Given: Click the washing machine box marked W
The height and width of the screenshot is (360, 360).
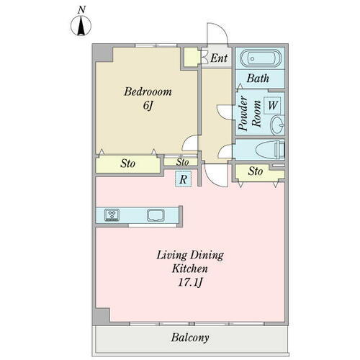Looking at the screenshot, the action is (x=272, y=105).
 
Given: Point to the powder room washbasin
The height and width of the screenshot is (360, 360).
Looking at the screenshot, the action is (x=277, y=125).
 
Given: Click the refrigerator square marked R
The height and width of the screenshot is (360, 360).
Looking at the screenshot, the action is (x=183, y=179).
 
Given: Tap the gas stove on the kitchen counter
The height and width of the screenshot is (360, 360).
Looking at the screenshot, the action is (x=112, y=215).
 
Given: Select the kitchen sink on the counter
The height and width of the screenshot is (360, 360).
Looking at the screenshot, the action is (x=156, y=215).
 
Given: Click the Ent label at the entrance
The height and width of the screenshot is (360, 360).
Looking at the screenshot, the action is (x=219, y=58).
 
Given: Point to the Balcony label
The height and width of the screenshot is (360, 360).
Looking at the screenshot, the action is (x=190, y=338).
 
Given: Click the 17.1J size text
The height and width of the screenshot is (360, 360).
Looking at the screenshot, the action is (x=190, y=282).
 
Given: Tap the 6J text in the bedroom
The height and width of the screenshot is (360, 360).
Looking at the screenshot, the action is (x=148, y=105).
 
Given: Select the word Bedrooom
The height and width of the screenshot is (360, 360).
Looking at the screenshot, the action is (x=148, y=92).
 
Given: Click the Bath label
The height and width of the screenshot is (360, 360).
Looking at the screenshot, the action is (x=258, y=78).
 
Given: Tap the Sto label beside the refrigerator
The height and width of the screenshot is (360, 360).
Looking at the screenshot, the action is (x=182, y=162).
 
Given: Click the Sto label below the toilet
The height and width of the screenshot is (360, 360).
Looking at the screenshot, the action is (x=256, y=171).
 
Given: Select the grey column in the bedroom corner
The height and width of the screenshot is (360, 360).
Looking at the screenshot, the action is (x=103, y=53).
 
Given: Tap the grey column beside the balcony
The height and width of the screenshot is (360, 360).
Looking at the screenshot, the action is (x=101, y=317).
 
